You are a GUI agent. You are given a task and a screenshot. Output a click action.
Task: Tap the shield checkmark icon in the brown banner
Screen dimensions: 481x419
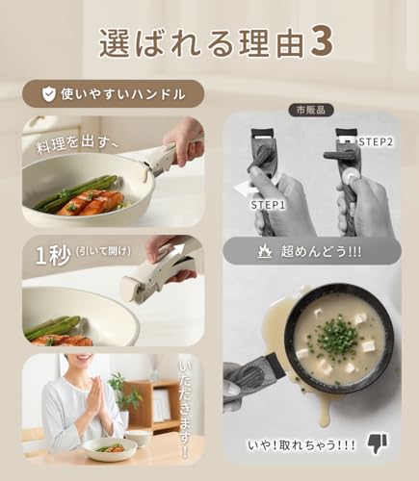pyautogui.click(x=47, y=93)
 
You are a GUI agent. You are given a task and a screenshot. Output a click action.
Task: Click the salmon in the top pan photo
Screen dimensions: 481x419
pyautogui.click(x=92, y=201)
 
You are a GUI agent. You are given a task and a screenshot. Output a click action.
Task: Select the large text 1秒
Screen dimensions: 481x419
pyautogui.click(x=51, y=258)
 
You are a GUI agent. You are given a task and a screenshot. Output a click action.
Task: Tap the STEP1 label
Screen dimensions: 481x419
pyautogui.click(x=266, y=205)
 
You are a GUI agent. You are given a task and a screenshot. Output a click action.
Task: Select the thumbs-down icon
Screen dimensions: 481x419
pyautogui.click(x=377, y=442)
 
